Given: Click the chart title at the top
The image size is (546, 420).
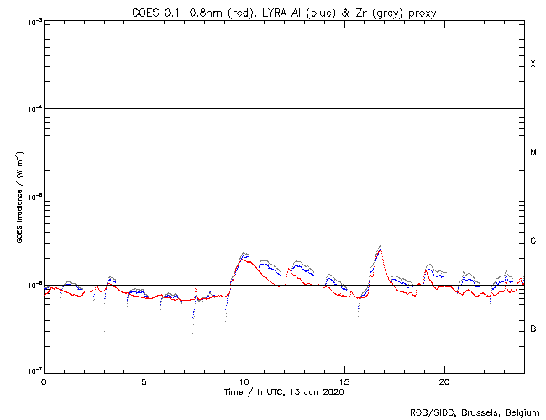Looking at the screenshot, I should pos(284,13).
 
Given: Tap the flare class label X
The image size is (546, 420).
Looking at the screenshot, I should pos(533,65).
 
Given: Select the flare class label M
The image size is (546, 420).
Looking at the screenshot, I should pos(533,153).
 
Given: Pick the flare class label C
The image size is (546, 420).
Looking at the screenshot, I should pos(533,241).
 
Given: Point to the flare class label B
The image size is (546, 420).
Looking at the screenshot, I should pos(533,328).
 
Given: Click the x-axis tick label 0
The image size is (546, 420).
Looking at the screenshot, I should pos(44,381).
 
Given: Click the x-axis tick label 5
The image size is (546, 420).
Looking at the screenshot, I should pos(144,381).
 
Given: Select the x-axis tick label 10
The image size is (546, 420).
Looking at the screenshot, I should pos(244,381).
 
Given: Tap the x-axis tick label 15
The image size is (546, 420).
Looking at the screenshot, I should pos(344,381).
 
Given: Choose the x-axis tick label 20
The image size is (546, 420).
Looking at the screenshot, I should pos(444,381).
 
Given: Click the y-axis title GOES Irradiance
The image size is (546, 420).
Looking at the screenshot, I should pos(18,197).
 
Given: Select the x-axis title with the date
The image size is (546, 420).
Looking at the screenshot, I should pos(284,392).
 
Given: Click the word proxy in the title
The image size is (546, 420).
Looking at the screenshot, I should pos(420,13).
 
